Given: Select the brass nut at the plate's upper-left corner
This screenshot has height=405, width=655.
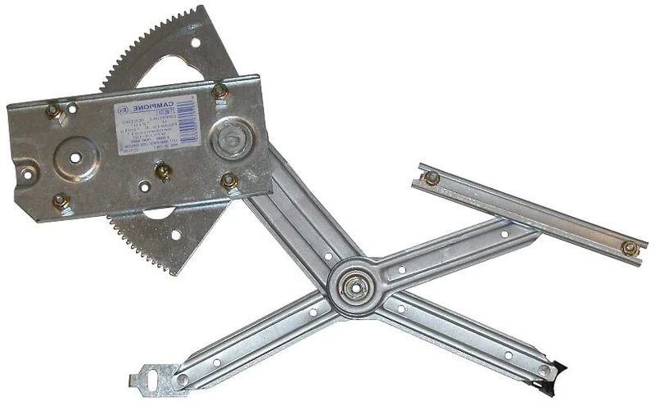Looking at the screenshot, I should tap(54, 110).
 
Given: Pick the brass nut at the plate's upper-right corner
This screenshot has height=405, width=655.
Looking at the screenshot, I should tap(219, 91).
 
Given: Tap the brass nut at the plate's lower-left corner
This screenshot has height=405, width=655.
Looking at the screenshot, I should tap(60, 200).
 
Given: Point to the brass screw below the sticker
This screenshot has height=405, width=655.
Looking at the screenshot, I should tap(163, 171).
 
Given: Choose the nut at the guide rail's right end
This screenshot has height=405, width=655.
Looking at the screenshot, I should tap(629, 247).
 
